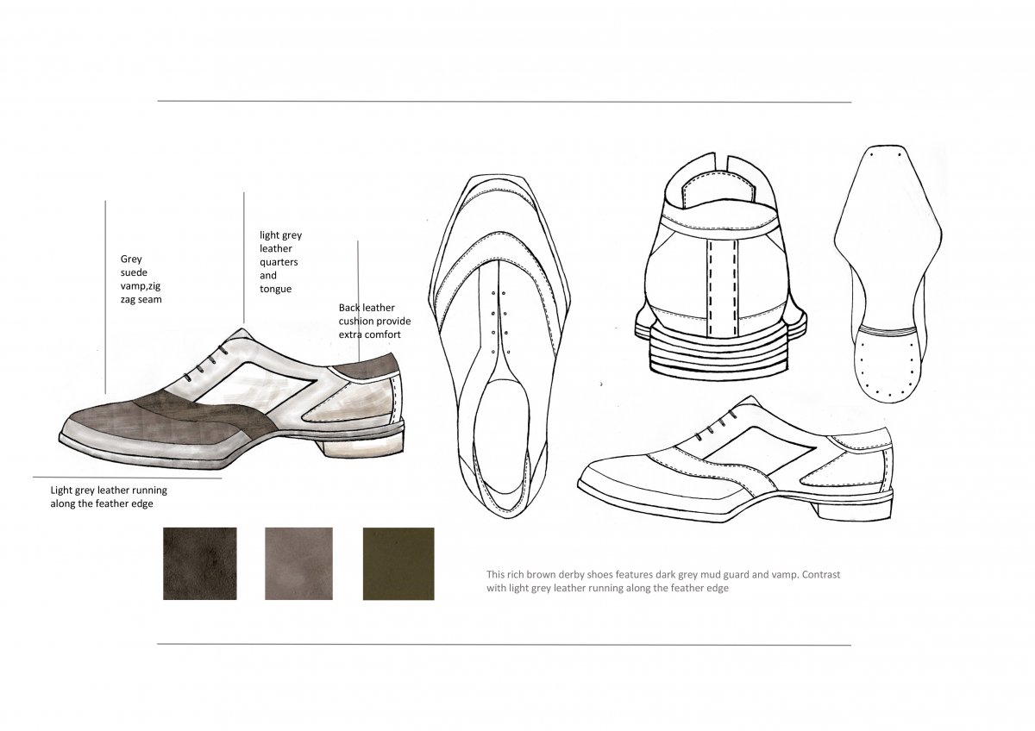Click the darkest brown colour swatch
pos(199,564)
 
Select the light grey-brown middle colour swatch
pos(298,564)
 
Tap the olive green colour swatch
pos(398,564)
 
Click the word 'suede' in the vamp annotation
pos(134,272)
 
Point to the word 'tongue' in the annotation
pos(275,290)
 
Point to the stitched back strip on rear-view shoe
pos(723,287)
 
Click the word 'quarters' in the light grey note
pos(279,262)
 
